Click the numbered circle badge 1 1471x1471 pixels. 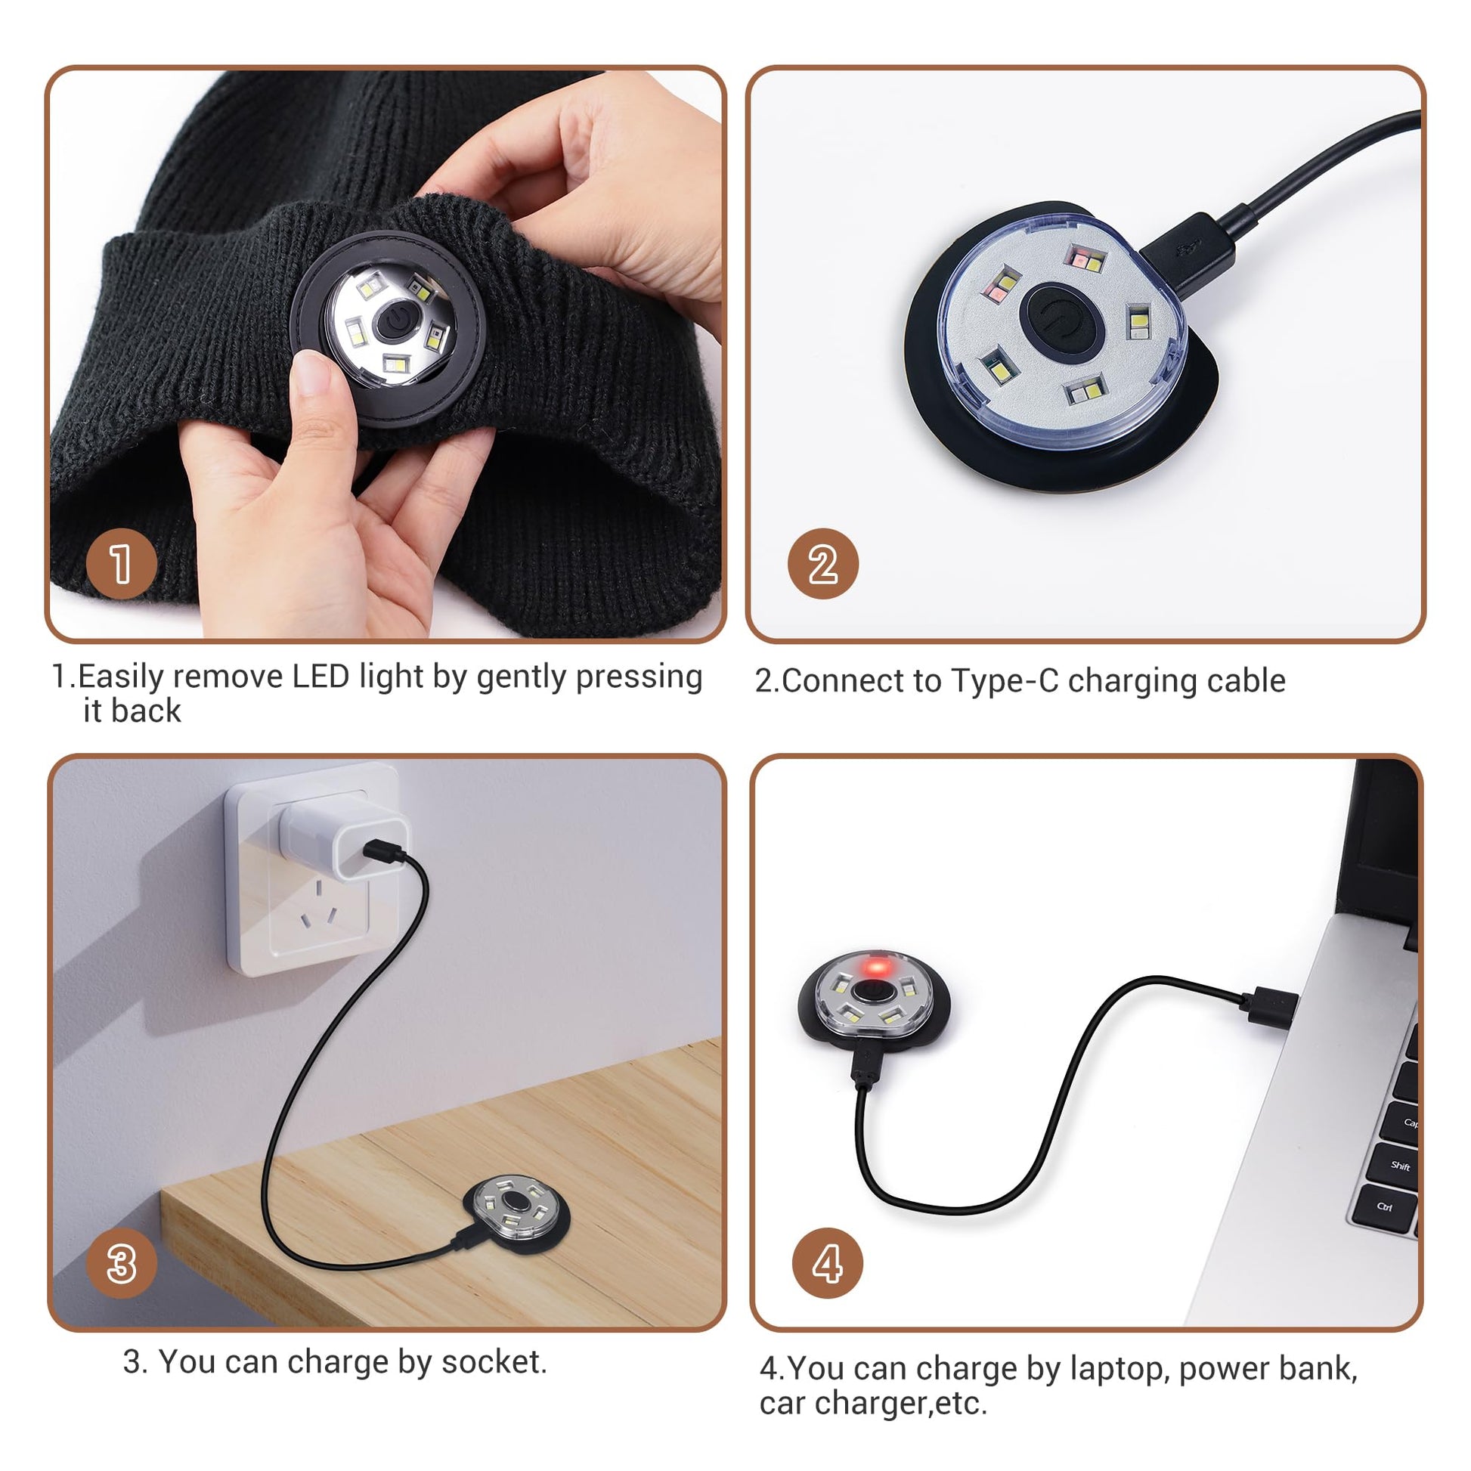click(x=122, y=564)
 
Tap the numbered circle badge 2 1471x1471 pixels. click(x=823, y=564)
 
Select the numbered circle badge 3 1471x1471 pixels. click(x=122, y=1264)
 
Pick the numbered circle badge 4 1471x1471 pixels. click(x=828, y=1264)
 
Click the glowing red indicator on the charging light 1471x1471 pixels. click(x=876, y=968)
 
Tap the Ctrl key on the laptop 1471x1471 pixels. click(x=1384, y=1206)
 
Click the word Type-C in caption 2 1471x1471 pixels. click(x=1005, y=680)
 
